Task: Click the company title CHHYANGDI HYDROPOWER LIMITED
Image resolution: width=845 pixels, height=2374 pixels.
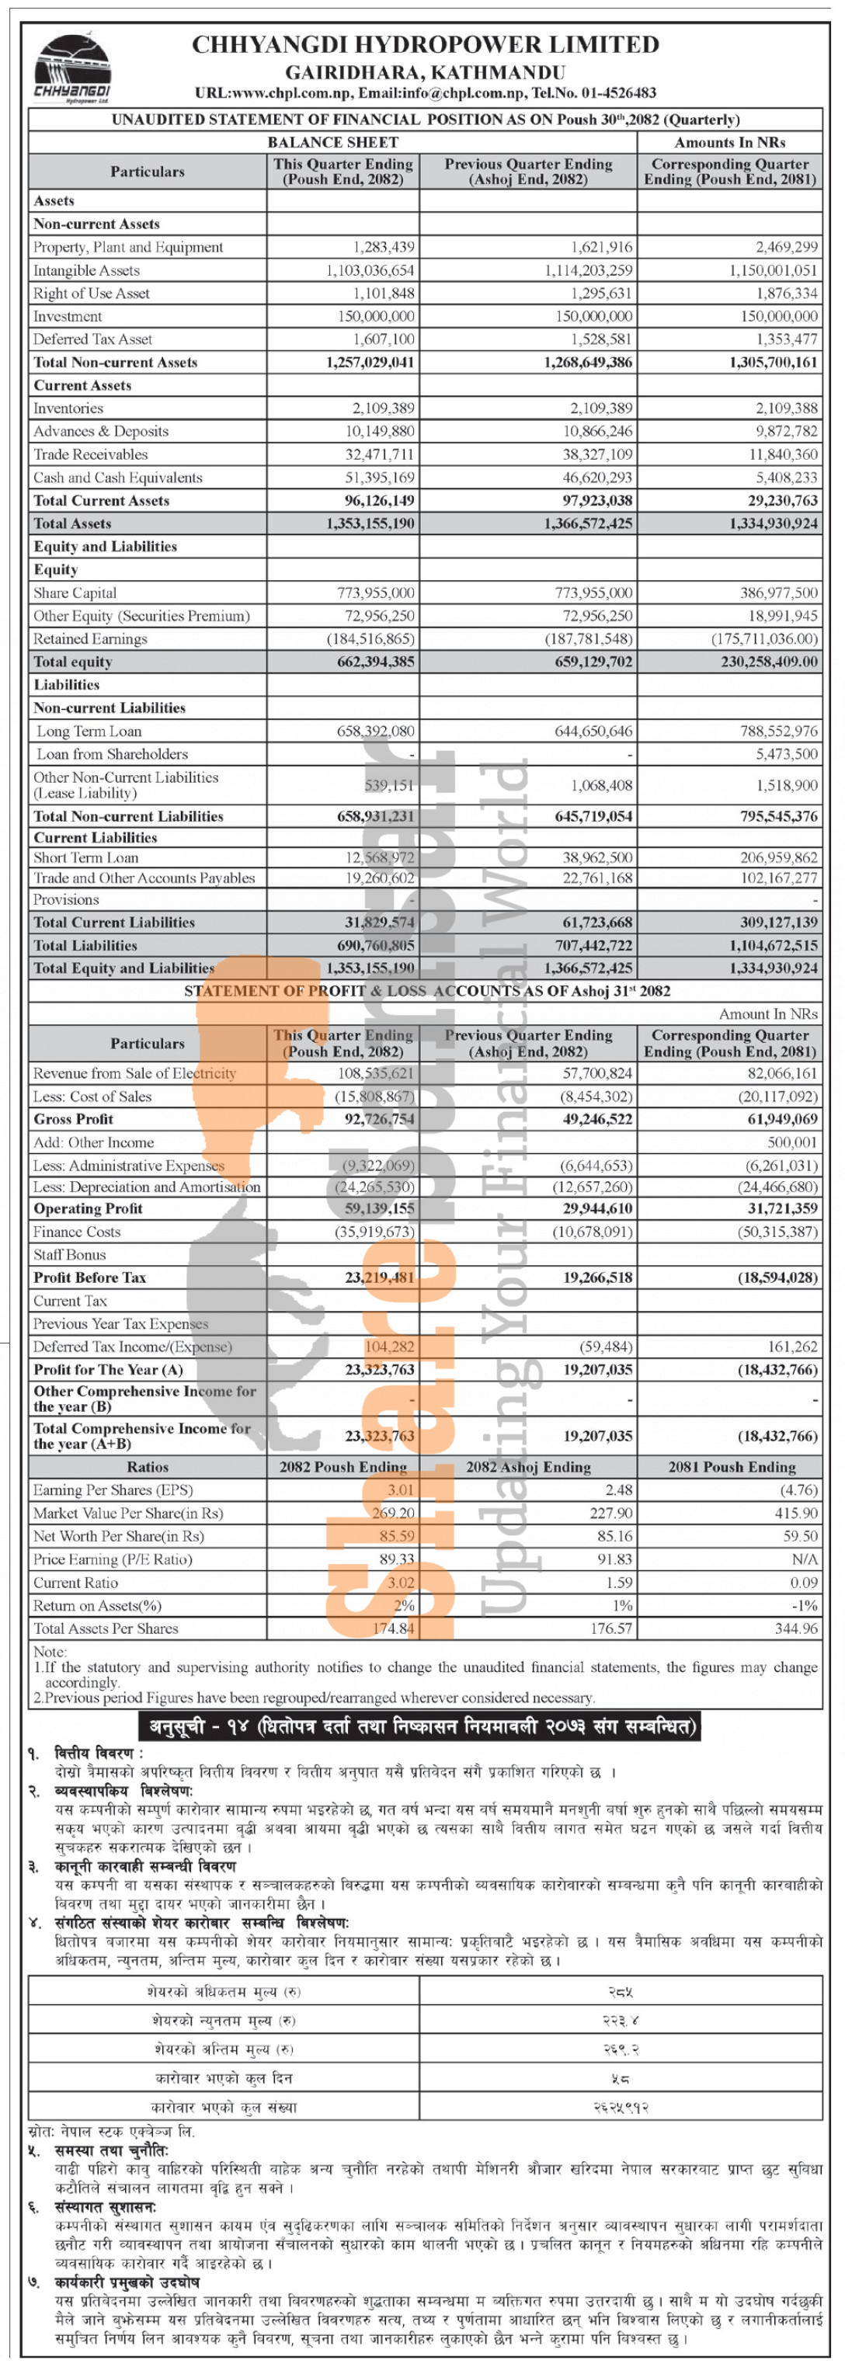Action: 425,44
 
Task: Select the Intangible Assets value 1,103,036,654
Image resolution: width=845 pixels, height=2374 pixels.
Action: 370,270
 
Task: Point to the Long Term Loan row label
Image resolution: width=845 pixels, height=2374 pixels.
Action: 89,731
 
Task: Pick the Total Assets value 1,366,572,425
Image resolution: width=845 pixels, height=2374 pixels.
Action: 588,523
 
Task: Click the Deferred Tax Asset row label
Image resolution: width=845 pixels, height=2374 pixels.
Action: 92,339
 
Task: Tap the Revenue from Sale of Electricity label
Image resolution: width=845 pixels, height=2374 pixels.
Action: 134,1072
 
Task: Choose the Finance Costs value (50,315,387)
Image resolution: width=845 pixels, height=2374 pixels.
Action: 777,1231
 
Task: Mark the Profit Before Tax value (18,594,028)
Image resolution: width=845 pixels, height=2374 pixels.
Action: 777,1277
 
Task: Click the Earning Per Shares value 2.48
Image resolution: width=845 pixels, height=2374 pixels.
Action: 618,1489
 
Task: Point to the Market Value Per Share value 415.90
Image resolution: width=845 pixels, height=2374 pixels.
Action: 796,1512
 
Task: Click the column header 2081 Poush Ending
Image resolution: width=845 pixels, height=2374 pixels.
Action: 731,1466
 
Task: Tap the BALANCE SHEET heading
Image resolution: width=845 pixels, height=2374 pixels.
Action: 332,142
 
